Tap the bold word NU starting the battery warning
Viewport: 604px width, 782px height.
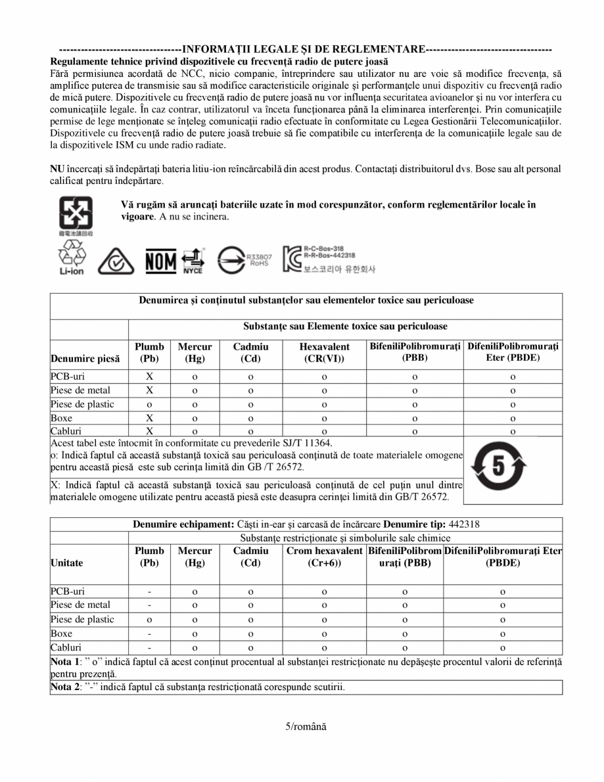[x=57, y=169]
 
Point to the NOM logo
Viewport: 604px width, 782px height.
[x=160, y=262]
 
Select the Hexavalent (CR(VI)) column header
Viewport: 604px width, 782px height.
[x=324, y=352]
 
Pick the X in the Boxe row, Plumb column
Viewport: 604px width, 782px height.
[x=149, y=418]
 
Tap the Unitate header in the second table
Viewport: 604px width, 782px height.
[x=67, y=563]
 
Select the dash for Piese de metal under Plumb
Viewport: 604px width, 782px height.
[x=149, y=605]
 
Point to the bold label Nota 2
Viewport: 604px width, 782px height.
[x=64, y=687]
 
